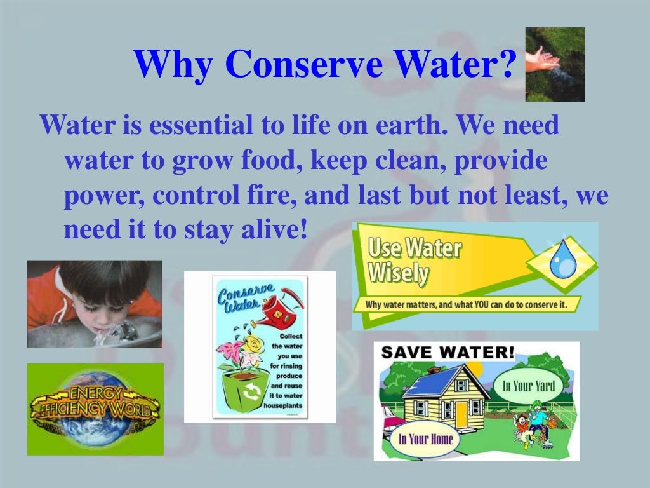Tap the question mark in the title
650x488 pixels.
point(507,65)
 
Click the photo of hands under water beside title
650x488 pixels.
point(555,64)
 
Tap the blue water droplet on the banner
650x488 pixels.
point(561,261)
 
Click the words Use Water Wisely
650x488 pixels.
point(413,261)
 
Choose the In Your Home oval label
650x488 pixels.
point(425,439)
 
